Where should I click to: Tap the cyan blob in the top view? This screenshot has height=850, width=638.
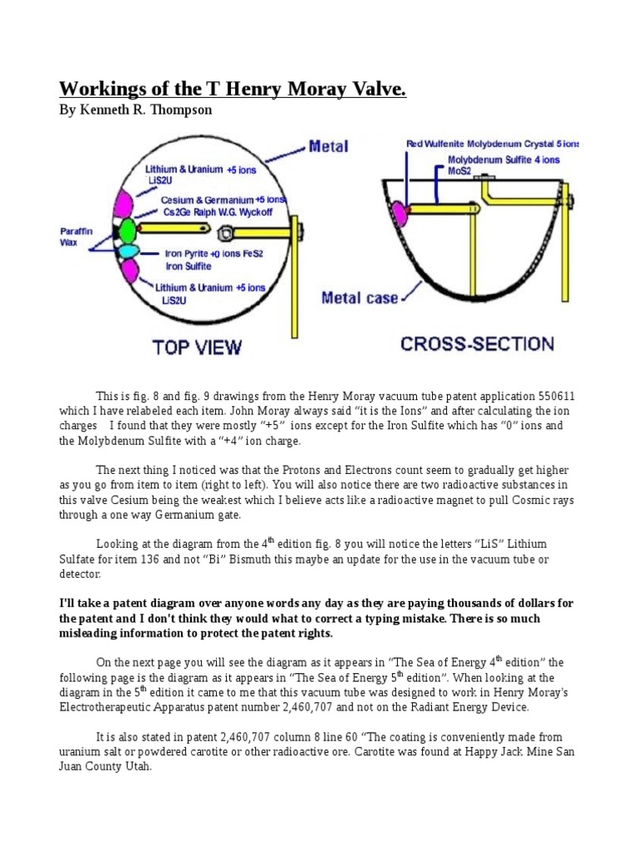pyautogui.click(x=129, y=251)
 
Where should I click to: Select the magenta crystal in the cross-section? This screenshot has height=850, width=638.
pyautogui.click(x=400, y=212)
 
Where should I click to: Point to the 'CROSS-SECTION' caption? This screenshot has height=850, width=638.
pyautogui.click(x=465, y=343)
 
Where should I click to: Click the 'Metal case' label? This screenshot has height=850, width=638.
pyautogui.click(x=359, y=296)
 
